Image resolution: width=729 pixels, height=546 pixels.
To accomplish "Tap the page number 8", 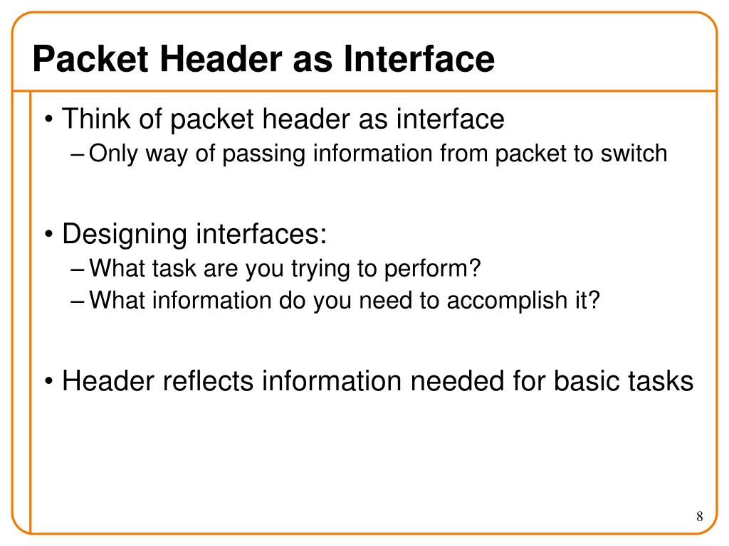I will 699,516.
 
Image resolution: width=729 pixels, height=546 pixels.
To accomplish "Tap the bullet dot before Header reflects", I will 48,382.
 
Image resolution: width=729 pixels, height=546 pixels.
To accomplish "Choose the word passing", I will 266,154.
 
